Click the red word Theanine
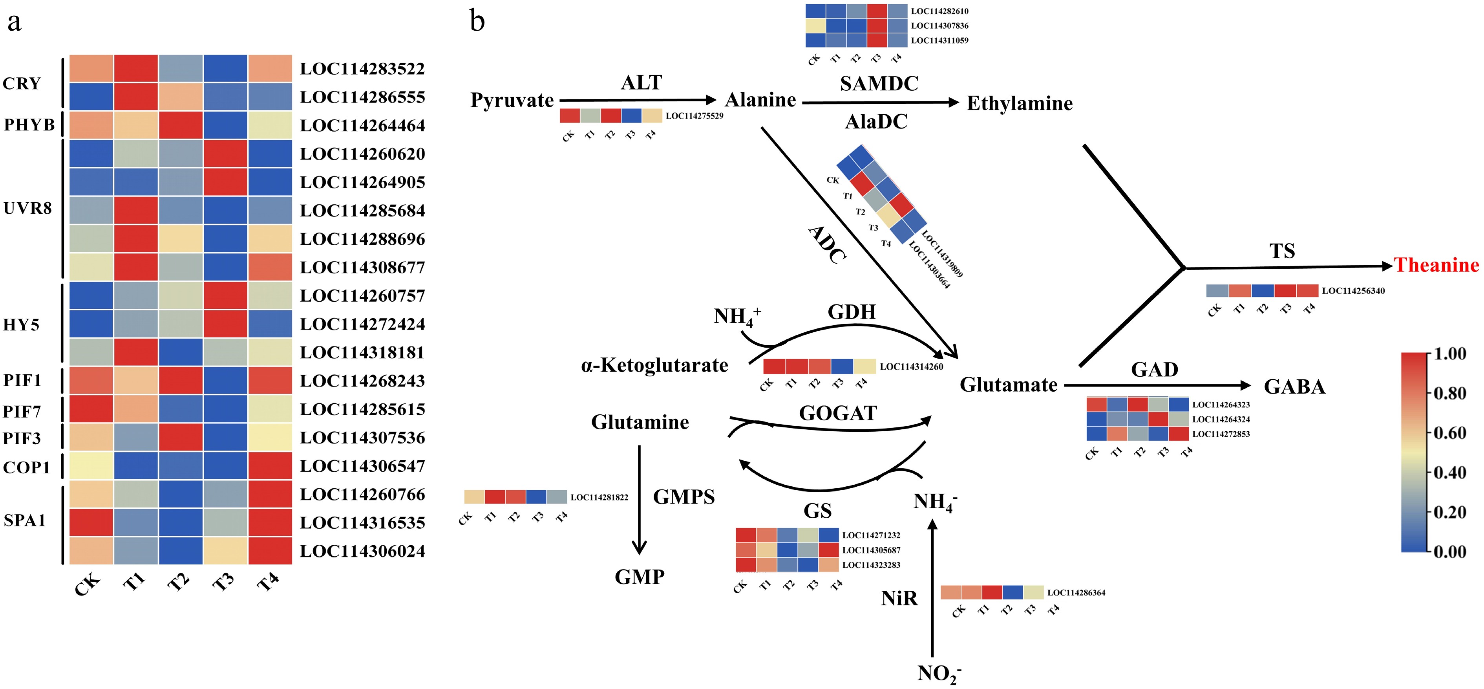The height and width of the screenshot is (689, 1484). (1436, 265)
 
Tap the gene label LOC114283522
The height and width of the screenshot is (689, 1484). (362, 69)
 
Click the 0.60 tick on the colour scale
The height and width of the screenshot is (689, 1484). (1449, 433)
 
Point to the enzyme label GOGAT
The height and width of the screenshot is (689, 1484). (838, 413)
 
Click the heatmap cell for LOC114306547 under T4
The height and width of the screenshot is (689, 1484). (270, 466)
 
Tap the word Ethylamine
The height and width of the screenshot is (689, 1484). (1020, 103)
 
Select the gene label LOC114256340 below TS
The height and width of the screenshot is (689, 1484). (1353, 291)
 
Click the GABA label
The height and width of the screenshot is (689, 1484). (1294, 387)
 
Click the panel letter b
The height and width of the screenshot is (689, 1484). (477, 21)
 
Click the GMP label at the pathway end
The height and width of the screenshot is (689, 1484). (640, 577)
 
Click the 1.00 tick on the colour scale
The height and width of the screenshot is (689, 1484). (1449, 354)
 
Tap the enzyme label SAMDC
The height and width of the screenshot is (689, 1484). (879, 84)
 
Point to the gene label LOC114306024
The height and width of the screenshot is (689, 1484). (362, 551)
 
